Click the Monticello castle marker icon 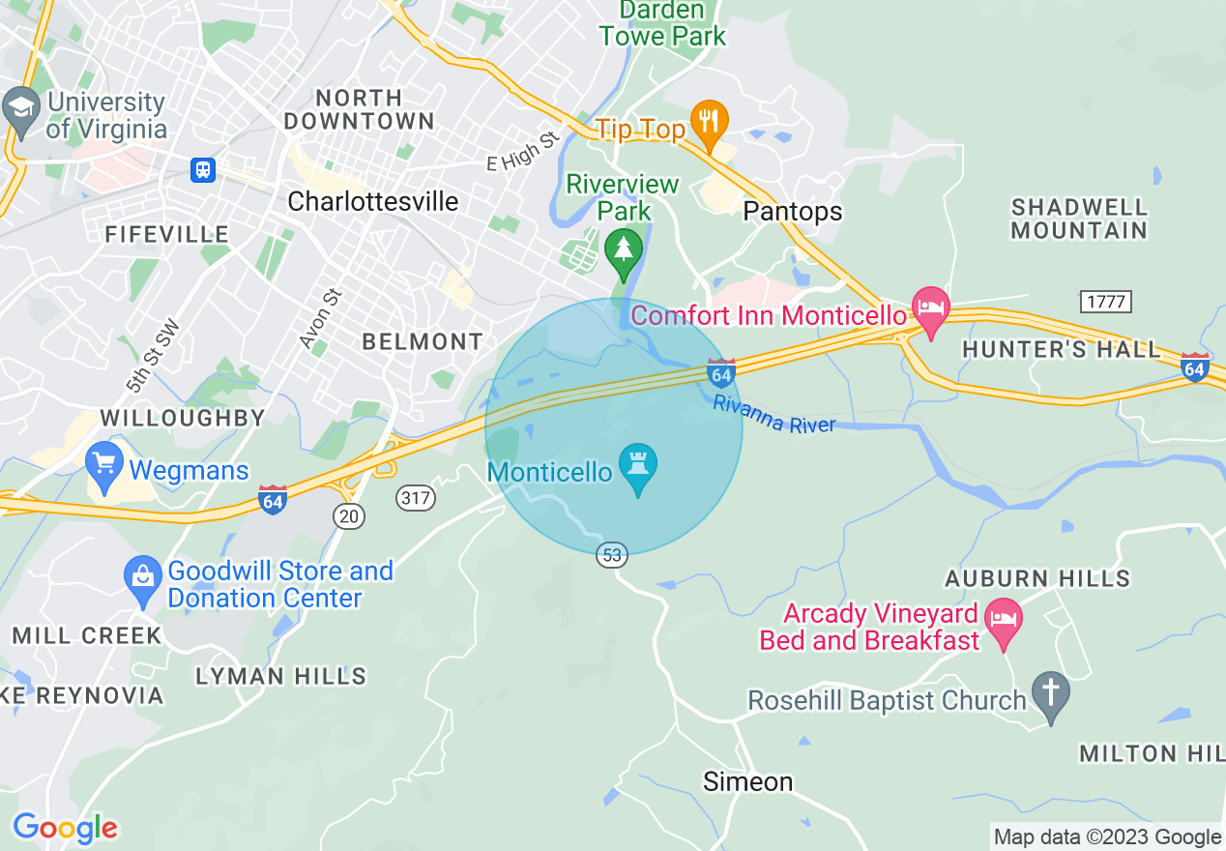638,466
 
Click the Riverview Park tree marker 624,249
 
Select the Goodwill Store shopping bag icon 143,578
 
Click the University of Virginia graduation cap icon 20,107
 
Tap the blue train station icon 202,170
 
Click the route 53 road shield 612,555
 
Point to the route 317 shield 416,498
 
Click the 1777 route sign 1105,302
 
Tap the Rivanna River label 774,413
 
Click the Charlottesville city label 373,201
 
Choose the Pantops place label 793,211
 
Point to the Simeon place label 748,781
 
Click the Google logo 65,828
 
